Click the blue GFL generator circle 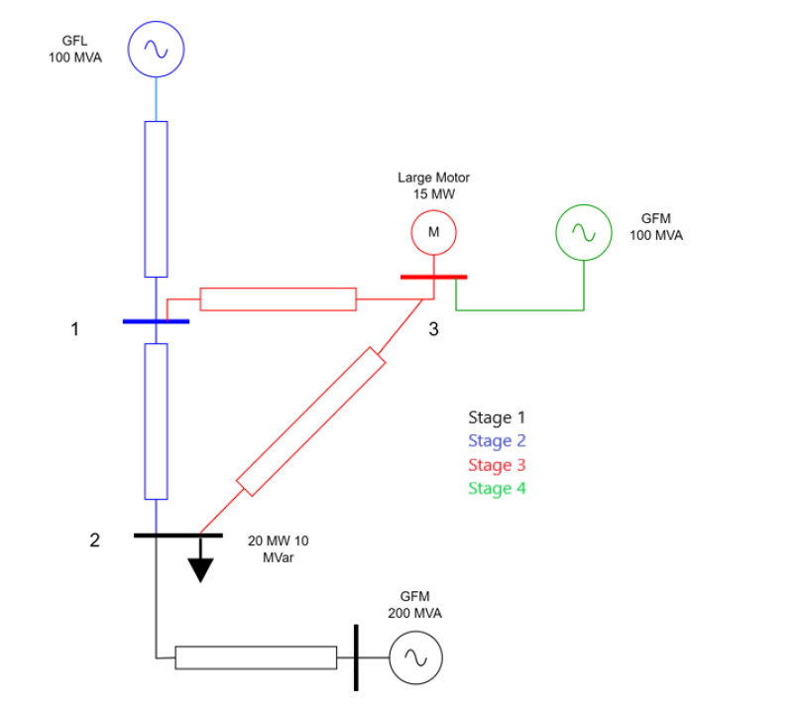coord(157,49)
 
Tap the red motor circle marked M coord(433,231)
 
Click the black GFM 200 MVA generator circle coord(415,658)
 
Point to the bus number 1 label coord(74,329)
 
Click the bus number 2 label coord(94,540)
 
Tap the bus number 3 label coord(433,329)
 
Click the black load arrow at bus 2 coord(200,567)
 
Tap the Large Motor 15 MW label coord(433,185)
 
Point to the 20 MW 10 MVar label coord(276,550)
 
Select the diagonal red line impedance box coord(310,421)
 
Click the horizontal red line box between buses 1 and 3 coord(278,298)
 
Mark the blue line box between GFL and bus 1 coord(157,198)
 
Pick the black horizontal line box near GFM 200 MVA coord(256,657)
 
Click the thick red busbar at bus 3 coord(433,277)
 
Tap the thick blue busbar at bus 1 coord(156,321)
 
